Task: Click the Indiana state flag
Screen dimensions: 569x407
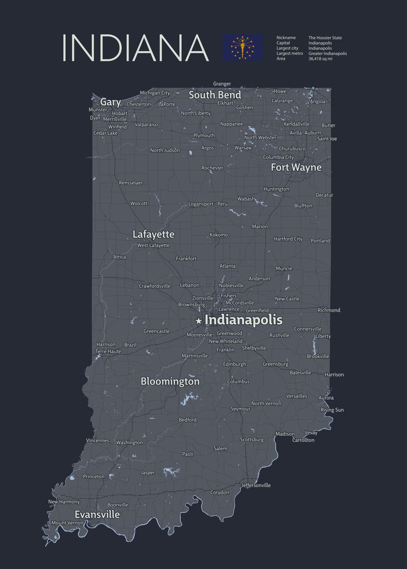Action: click(x=242, y=47)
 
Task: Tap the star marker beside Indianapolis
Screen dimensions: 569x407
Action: click(x=199, y=321)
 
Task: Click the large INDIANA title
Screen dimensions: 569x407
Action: click(x=135, y=47)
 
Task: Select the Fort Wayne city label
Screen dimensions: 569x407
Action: click(x=296, y=167)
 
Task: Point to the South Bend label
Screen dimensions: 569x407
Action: click(x=215, y=95)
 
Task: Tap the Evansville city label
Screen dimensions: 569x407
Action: click(x=97, y=514)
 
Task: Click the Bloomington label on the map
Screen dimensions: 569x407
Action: click(x=170, y=381)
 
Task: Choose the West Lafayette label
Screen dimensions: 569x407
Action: click(x=153, y=245)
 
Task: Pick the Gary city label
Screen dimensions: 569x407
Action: click(x=110, y=102)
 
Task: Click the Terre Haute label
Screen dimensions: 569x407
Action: click(x=108, y=351)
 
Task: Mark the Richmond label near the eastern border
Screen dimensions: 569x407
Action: click(x=329, y=310)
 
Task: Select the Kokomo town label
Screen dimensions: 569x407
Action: click(x=218, y=235)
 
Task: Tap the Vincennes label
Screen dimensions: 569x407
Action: click(x=97, y=441)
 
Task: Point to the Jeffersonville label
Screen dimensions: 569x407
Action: click(x=256, y=485)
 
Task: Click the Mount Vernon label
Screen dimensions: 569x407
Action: click(x=67, y=523)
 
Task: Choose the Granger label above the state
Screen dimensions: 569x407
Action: click(x=222, y=84)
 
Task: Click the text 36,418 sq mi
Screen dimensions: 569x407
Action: click(x=321, y=59)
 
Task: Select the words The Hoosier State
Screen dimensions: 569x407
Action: click(x=325, y=38)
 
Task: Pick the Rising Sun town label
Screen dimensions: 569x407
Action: click(x=332, y=410)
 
